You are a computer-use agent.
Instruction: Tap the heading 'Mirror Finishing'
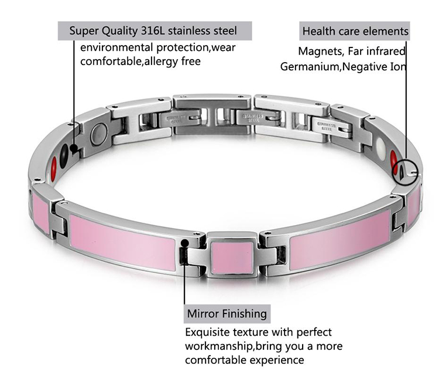[x=227, y=314]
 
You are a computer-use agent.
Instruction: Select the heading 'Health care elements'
[x=355, y=30]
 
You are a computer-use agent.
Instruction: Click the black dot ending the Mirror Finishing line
[x=184, y=242]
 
